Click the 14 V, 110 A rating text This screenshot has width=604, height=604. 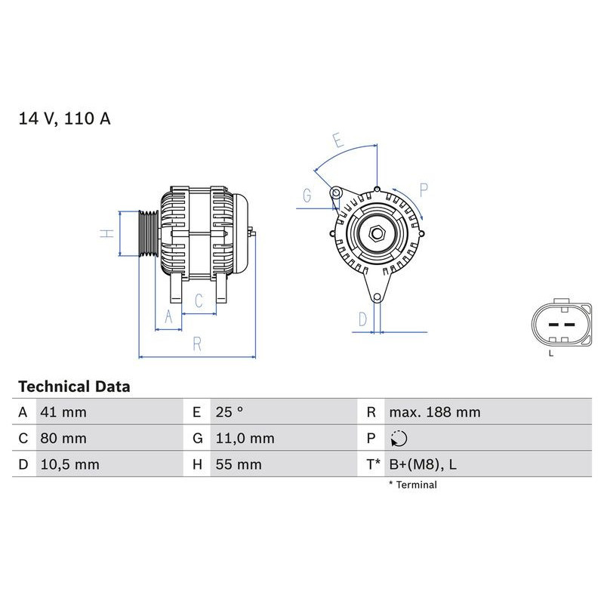pyautogui.click(x=64, y=119)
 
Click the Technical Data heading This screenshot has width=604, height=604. pyautogui.click(x=74, y=387)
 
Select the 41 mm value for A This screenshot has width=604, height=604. pyautogui.click(x=63, y=412)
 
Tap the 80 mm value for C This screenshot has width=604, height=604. pyautogui.click(x=63, y=438)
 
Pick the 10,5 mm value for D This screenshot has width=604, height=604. pyautogui.click(x=69, y=464)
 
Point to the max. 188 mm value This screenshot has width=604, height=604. pyautogui.click(x=434, y=412)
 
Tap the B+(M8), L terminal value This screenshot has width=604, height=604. pyautogui.click(x=422, y=464)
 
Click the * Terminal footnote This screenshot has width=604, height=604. pyautogui.click(x=412, y=485)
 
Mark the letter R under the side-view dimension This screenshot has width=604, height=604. pyautogui.click(x=197, y=344)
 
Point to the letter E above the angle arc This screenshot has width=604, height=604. pyautogui.click(x=337, y=140)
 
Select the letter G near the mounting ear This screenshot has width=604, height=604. pyautogui.click(x=306, y=196)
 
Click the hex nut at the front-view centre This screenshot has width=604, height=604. pyautogui.click(x=377, y=233)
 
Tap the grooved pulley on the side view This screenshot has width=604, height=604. pyautogui.click(x=147, y=234)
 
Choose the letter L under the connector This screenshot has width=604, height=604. pyautogui.click(x=550, y=353)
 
